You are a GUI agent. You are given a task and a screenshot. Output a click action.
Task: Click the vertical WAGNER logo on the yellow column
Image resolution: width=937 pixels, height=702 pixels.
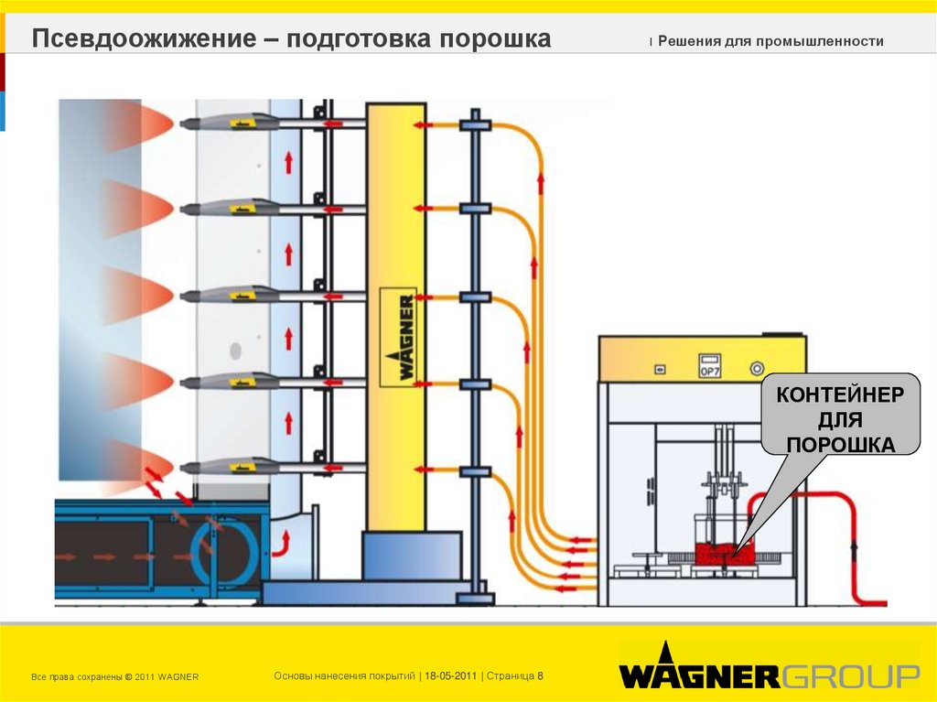[x=399, y=338]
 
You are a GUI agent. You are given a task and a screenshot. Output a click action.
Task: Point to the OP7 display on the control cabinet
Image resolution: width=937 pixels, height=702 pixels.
[x=711, y=365]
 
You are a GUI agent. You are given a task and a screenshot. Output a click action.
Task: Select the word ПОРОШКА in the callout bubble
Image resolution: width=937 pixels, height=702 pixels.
[x=841, y=445]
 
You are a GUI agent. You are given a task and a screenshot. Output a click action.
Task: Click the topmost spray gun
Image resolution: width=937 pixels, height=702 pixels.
[x=229, y=122]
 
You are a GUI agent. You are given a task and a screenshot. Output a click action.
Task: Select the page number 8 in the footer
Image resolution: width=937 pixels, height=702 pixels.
[x=541, y=675]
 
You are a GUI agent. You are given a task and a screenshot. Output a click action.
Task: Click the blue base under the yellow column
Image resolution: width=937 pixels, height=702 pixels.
[x=411, y=556]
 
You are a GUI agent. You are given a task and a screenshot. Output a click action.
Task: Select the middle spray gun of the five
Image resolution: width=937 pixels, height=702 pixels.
[x=229, y=295]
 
